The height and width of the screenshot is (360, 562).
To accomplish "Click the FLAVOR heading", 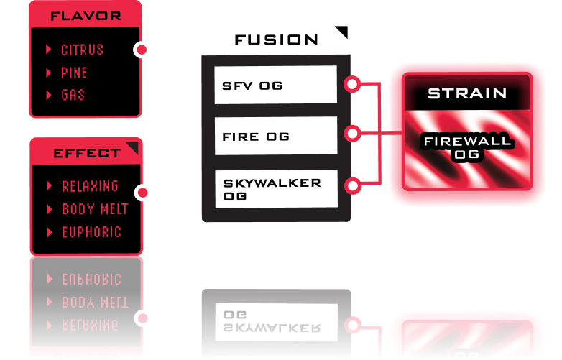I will (x=86, y=15).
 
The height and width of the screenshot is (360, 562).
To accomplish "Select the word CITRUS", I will (x=82, y=50).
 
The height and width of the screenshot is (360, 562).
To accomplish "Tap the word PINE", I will (x=74, y=73).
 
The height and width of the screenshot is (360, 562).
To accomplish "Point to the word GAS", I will (x=73, y=95).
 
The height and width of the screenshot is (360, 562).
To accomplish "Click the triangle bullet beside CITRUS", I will (x=48, y=50).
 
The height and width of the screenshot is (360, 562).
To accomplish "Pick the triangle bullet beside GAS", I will (x=48, y=95).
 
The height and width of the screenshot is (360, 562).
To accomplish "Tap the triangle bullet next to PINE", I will (x=48, y=73).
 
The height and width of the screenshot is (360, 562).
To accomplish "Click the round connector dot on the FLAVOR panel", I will (x=142, y=50).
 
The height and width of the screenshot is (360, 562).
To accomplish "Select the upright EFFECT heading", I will (x=86, y=153).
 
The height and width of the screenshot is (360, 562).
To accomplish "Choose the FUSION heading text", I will (x=276, y=40).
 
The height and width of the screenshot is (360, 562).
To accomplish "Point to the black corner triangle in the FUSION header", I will (x=342, y=32).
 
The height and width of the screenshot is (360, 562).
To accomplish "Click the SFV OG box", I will (x=276, y=85).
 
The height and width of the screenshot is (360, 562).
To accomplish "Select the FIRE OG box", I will (x=276, y=135).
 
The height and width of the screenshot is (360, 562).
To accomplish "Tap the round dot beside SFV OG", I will (x=352, y=84).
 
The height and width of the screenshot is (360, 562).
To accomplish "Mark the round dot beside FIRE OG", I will (x=352, y=134).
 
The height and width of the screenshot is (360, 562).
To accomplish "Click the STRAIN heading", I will (x=467, y=93).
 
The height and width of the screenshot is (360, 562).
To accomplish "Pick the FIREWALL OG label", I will (x=467, y=147).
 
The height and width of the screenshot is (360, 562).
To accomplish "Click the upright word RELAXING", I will (x=90, y=186).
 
